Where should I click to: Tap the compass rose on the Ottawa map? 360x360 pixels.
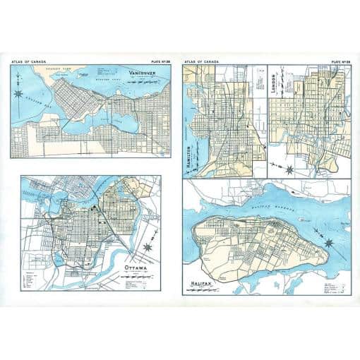coord(147,248)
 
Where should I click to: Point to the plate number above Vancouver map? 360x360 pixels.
coord(161,62)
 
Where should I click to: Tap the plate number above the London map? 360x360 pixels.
coord(337,62)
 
